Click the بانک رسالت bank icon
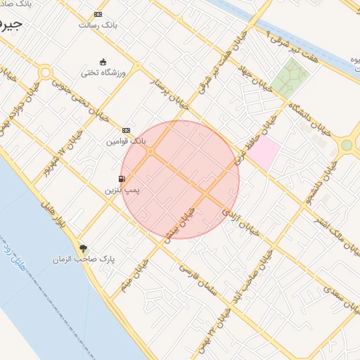click(x=97, y=14)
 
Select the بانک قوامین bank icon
click(x=126, y=130)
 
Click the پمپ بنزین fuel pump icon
click(x=122, y=179)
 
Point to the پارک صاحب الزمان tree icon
click(x=84, y=248)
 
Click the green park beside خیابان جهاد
click(x=290, y=77)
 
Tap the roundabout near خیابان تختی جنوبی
click(x=46, y=72)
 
